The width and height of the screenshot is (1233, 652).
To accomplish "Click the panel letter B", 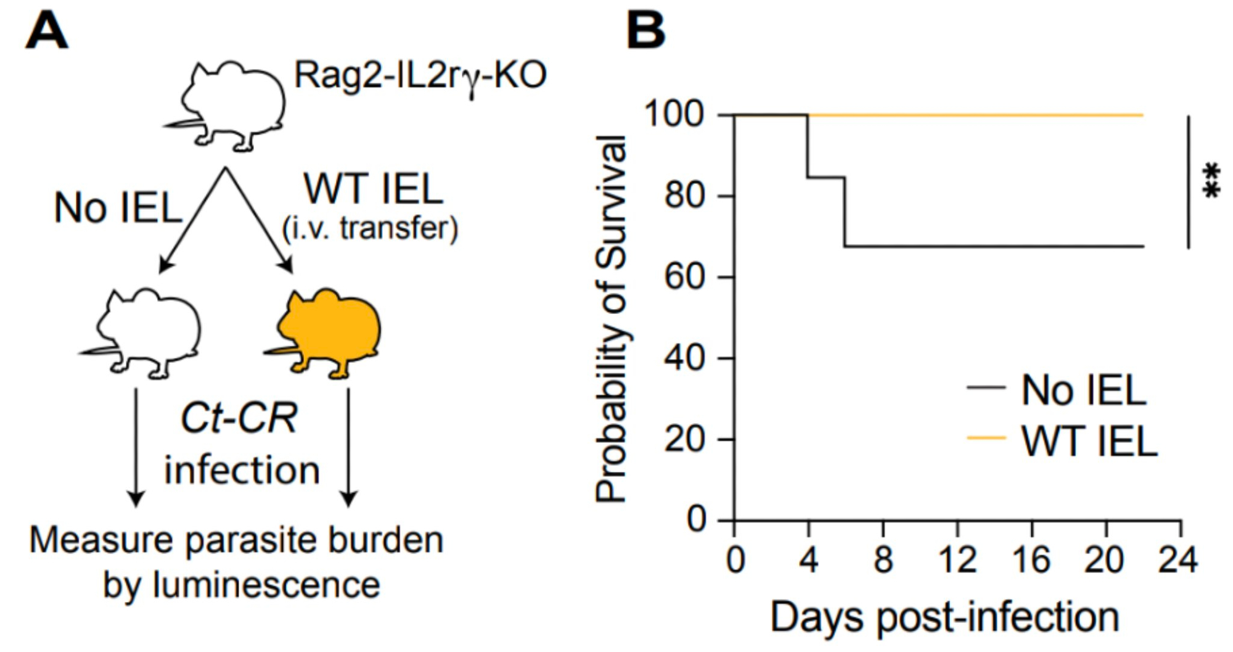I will coord(645,31).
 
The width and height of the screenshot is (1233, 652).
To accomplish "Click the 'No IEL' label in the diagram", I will coord(117,207).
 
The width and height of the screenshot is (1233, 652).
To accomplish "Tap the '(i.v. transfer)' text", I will coord(370,228).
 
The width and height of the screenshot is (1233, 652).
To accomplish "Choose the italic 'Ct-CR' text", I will coord(239,418).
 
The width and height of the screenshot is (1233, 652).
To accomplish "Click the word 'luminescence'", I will coord(266,585).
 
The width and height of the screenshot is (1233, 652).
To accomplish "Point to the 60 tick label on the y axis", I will coord(684,277).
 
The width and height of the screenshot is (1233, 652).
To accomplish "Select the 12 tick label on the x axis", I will coord(957,560).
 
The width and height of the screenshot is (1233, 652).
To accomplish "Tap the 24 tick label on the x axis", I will coord(1178,560).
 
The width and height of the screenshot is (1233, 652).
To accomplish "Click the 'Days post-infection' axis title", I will coord(944,617).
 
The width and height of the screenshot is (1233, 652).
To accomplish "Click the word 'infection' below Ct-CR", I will coord(242,470).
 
